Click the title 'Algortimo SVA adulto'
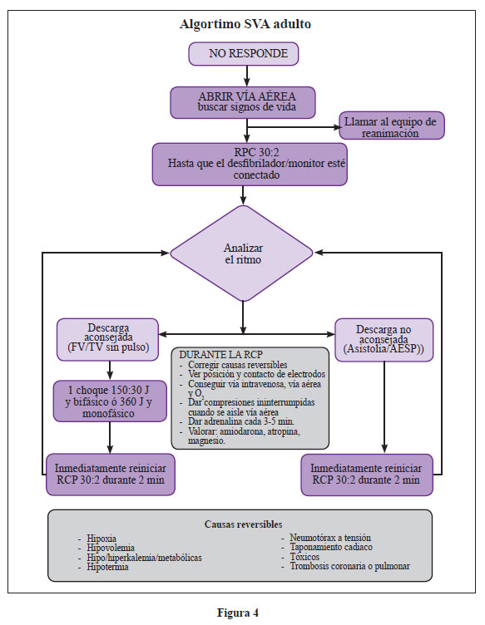point(245,24)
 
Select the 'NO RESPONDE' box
point(243,54)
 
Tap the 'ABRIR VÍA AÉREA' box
point(243,102)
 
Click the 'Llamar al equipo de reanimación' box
point(392,125)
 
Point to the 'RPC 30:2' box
point(250,165)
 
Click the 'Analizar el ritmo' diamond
point(242,253)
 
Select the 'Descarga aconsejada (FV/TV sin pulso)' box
point(107,340)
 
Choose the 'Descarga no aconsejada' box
point(384,340)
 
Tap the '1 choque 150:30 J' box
point(110,401)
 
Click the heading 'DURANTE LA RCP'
point(221,355)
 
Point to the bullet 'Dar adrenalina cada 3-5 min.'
point(241,421)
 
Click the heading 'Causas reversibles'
point(243,524)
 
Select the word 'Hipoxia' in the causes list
point(101,539)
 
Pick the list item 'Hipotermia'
point(107,567)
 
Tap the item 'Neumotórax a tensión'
point(330,538)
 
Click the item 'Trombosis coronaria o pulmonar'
point(349,566)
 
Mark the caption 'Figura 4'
point(238,613)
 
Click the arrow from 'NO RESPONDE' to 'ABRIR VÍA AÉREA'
point(247,76)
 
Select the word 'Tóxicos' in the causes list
point(304,557)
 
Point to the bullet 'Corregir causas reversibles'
point(238,365)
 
